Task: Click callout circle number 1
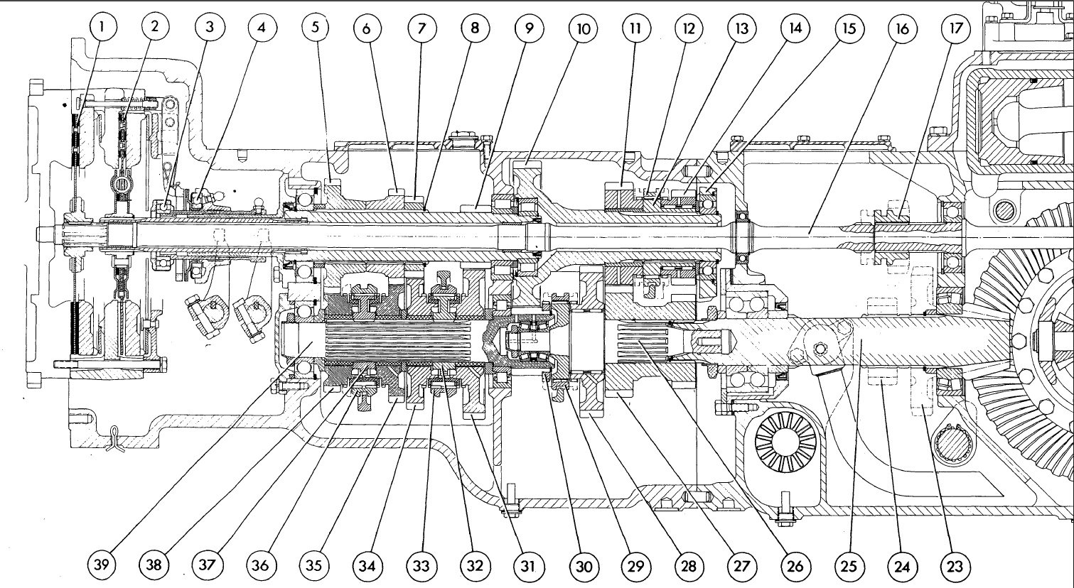102,28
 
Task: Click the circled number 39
102,565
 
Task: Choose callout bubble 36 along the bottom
262,565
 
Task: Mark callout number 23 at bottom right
955,565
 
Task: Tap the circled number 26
795,565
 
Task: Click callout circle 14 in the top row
794,28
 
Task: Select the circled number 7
421,28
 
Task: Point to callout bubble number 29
635,565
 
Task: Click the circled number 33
421,565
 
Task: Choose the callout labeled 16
901,28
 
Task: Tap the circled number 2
156,28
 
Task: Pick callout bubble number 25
848,565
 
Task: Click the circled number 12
688,28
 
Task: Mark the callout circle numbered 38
156,565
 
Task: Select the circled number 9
528,28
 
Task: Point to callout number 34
369,565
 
